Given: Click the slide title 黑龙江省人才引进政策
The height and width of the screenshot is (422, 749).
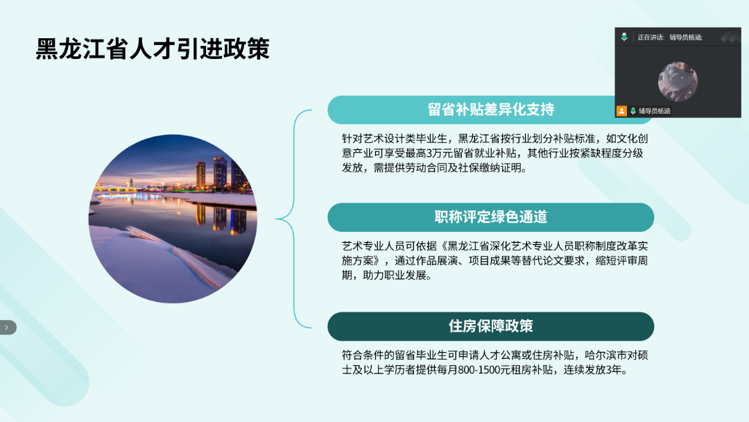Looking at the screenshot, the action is pyautogui.click(x=153, y=49).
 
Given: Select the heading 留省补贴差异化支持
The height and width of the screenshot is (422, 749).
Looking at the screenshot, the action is pyautogui.click(x=490, y=110).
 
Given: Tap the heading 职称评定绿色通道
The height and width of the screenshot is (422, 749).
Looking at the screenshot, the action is pyautogui.click(x=490, y=217).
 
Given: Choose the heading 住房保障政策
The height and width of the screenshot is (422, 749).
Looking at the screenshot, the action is pyautogui.click(x=490, y=326).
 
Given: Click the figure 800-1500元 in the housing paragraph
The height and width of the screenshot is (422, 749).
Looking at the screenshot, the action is pyautogui.click(x=484, y=370).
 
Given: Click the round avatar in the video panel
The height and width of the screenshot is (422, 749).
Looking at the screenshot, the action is pyautogui.click(x=678, y=81).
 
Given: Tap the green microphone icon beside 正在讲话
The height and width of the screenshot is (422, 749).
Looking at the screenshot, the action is pyautogui.click(x=624, y=37).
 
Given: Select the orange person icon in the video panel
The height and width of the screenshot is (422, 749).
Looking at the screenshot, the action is pyautogui.click(x=621, y=111).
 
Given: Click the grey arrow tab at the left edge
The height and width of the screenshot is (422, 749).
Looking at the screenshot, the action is pyautogui.click(x=8, y=328).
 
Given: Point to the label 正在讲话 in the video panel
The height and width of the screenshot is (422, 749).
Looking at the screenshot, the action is pyautogui.click(x=651, y=37).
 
